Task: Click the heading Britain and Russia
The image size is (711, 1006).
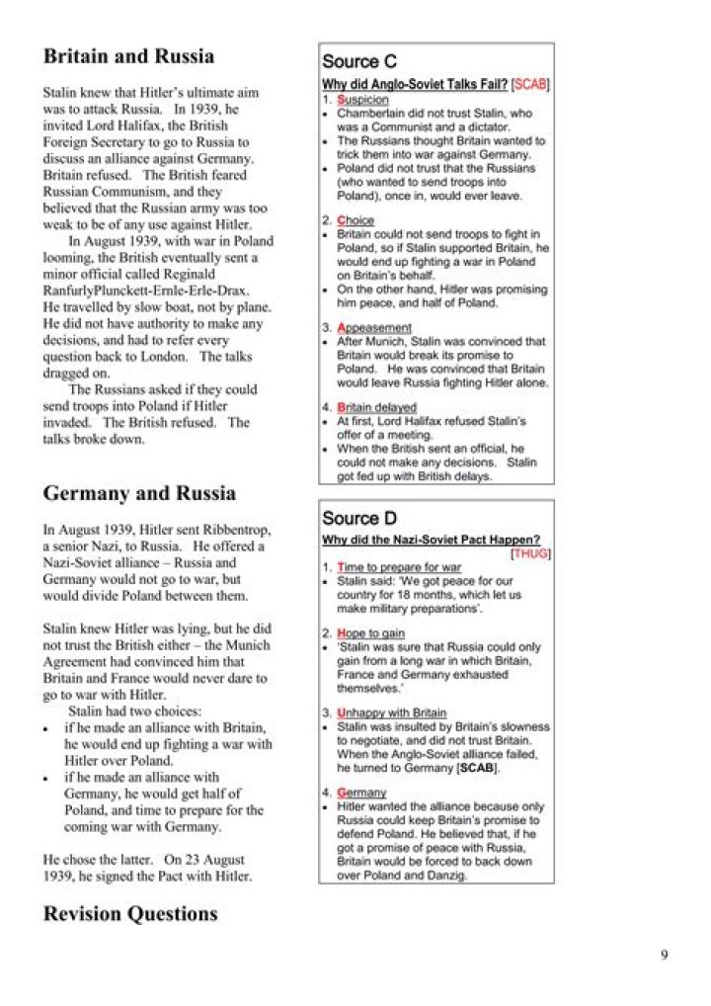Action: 128,56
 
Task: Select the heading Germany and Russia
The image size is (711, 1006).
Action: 139,493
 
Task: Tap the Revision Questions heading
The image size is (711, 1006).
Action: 130,914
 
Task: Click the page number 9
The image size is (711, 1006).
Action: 665,954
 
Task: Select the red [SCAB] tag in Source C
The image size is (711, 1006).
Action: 531,85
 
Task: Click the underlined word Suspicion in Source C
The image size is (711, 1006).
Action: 362,100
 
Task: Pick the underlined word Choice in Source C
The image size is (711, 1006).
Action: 355,220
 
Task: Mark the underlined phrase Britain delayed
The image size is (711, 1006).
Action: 376,407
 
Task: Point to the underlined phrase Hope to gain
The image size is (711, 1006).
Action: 370,633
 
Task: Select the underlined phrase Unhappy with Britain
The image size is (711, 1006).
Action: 391,713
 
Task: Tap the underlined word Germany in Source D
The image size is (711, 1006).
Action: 361,793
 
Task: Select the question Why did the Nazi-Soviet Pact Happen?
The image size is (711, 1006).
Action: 431,540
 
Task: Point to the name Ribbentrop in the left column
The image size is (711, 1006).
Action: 232,531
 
